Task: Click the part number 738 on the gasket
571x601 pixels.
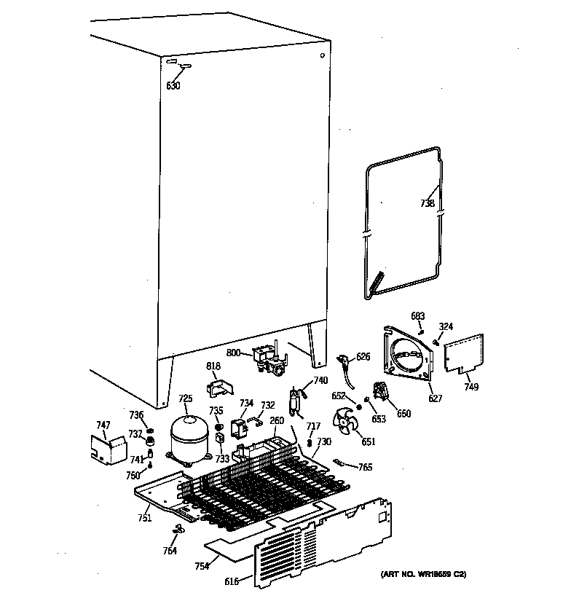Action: [428, 205]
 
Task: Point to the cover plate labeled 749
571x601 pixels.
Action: [464, 353]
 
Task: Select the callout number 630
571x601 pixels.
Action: [173, 86]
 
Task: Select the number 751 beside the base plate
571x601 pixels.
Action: [144, 518]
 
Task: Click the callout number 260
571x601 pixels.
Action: [276, 420]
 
